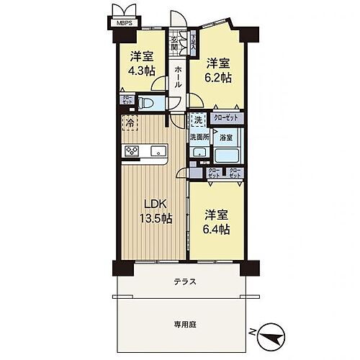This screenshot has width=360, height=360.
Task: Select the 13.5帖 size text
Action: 155,219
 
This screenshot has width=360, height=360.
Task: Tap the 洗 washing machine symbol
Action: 197,120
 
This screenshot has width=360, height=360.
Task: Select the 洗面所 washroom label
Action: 199,136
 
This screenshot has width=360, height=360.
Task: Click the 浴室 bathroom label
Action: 226,136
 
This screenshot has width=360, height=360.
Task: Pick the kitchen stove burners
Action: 132,150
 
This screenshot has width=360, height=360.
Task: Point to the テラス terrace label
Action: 184,282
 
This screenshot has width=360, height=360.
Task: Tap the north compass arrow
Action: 270,334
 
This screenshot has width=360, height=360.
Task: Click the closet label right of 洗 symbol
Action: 226,117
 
